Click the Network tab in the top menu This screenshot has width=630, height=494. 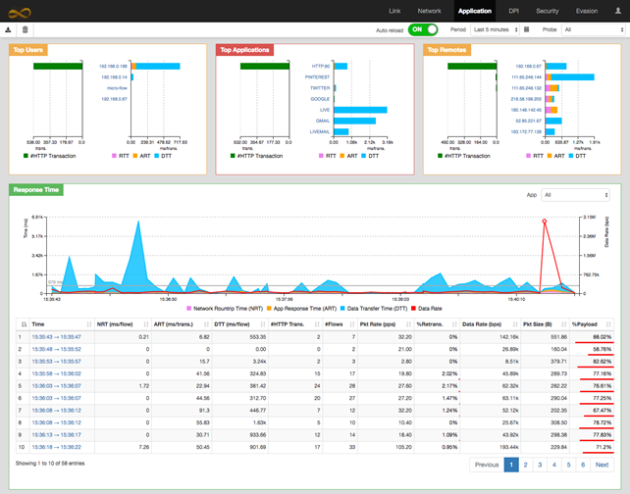click(x=429, y=11)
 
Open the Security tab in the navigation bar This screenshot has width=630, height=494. click(x=548, y=11)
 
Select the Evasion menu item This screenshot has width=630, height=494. click(x=587, y=11)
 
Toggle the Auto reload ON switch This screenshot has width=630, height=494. click(x=423, y=29)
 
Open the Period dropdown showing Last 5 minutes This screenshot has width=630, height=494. click(x=495, y=29)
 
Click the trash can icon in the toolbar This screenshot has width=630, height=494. click(x=26, y=29)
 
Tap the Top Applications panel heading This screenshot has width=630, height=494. click(x=244, y=49)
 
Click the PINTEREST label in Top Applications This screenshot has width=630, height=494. click(x=318, y=76)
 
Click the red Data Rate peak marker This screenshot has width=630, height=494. click(x=545, y=222)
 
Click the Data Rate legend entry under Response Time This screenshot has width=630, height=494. click(x=429, y=308)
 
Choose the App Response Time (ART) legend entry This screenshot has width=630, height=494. click(x=302, y=308)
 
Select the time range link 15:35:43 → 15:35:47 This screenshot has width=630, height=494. click(x=56, y=336)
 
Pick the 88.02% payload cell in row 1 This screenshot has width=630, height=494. click(x=602, y=336)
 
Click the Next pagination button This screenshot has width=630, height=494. click(x=602, y=465)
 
